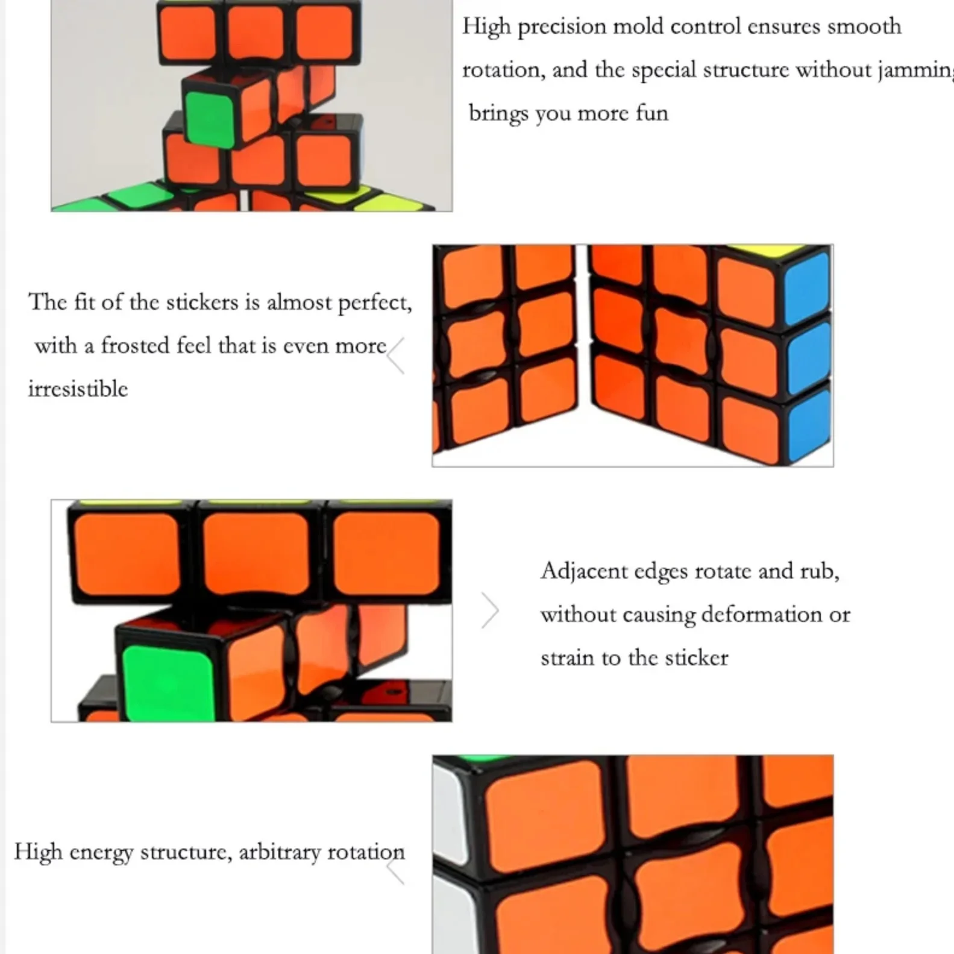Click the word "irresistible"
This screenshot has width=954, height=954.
(x=78, y=389)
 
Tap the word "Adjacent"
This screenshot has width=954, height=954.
(x=583, y=571)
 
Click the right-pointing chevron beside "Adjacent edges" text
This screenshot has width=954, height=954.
(x=490, y=610)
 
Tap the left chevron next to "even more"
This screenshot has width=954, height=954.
(x=396, y=356)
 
